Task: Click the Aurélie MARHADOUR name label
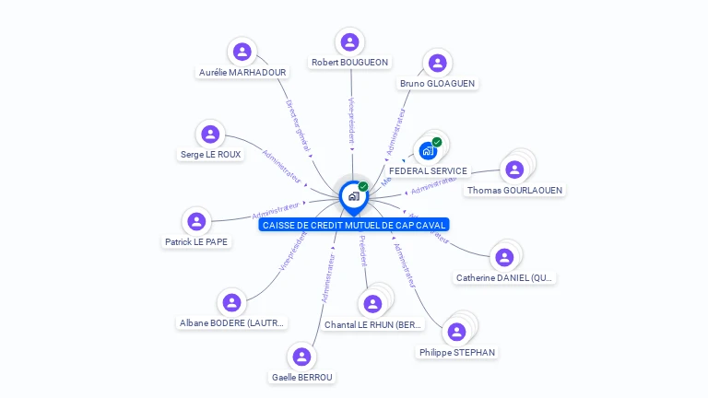pyautogui.click(x=242, y=72)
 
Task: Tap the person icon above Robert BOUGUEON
pyautogui.click(x=349, y=41)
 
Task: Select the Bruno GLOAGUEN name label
pyautogui.click(x=437, y=83)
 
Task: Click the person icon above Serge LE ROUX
pyautogui.click(x=211, y=134)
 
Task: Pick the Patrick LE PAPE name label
pyautogui.click(x=196, y=241)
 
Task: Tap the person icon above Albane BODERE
pyautogui.click(x=231, y=302)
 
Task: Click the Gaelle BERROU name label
pyautogui.click(x=301, y=377)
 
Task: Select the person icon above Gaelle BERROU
pyautogui.click(x=301, y=357)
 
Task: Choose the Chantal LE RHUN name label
pyautogui.click(x=372, y=324)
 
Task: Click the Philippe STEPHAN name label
pyautogui.click(x=456, y=352)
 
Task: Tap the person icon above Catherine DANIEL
pyautogui.click(x=503, y=257)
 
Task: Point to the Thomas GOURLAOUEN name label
pyautogui.click(x=514, y=190)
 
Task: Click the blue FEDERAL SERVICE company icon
pyautogui.click(x=428, y=150)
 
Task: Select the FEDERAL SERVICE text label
pyautogui.click(x=428, y=170)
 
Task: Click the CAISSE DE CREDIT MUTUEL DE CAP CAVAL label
pyautogui.click(x=354, y=225)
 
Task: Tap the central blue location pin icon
pyautogui.click(x=353, y=196)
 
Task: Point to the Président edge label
pyautogui.click(x=362, y=252)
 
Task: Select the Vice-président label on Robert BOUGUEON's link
pyautogui.click(x=351, y=120)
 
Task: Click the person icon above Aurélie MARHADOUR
pyautogui.click(x=242, y=52)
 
